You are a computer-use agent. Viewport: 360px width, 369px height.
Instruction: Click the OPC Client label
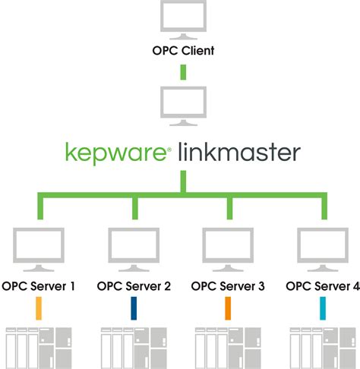[x=183, y=51]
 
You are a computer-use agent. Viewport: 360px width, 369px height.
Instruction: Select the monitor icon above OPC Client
[x=183, y=19]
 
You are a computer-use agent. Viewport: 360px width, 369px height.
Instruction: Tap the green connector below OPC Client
[x=183, y=72]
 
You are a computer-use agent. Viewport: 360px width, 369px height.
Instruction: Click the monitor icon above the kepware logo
[x=183, y=106]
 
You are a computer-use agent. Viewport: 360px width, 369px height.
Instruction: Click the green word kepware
[x=115, y=153]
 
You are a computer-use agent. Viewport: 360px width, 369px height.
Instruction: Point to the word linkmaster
[x=239, y=152]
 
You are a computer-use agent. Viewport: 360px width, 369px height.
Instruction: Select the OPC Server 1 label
[x=39, y=286]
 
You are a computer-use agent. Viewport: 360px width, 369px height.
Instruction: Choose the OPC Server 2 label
[x=134, y=286]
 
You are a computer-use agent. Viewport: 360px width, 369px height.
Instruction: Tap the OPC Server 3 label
[x=228, y=286]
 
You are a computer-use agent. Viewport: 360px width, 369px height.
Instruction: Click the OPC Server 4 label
[x=323, y=286]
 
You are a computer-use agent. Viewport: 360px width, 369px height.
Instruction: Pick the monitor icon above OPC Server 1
[x=39, y=250]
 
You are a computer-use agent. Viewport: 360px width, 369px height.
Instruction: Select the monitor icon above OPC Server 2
[x=134, y=250]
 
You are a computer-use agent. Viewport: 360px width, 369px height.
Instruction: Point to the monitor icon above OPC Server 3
[x=228, y=250]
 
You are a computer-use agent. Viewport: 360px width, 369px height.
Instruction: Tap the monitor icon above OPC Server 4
[x=323, y=250]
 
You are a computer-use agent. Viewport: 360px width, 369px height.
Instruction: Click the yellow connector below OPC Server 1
[x=39, y=308]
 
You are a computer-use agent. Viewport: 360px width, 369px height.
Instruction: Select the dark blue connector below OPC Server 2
[x=134, y=308]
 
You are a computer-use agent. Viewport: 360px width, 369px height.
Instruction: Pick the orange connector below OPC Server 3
[x=228, y=308]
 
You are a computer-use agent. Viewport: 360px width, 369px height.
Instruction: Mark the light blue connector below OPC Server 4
[x=323, y=308]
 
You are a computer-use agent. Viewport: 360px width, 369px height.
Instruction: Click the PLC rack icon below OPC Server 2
[x=134, y=348]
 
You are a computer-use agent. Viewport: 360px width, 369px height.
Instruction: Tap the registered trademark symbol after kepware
[x=169, y=150]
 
